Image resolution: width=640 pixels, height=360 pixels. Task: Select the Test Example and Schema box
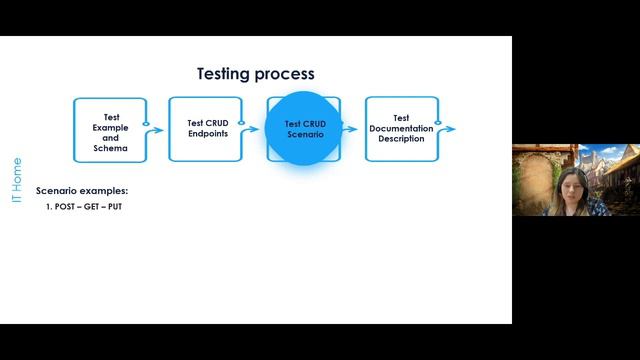click(110, 129)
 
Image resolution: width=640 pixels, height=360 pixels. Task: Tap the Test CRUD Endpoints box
click(207, 129)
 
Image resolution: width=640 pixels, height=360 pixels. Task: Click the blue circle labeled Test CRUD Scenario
click(304, 129)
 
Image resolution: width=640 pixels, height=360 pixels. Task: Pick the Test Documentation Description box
click(401, 129)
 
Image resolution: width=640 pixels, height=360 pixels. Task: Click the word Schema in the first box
click(111, 148)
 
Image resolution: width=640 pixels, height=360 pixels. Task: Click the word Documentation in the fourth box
click(401, 128)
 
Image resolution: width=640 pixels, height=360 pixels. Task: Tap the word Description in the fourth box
click(401, 139)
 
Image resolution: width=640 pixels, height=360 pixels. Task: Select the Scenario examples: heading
click(82, 191)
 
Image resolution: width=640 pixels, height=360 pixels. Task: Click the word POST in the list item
click(66, 206)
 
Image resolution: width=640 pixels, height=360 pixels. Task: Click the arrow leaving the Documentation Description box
click(449, 129)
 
